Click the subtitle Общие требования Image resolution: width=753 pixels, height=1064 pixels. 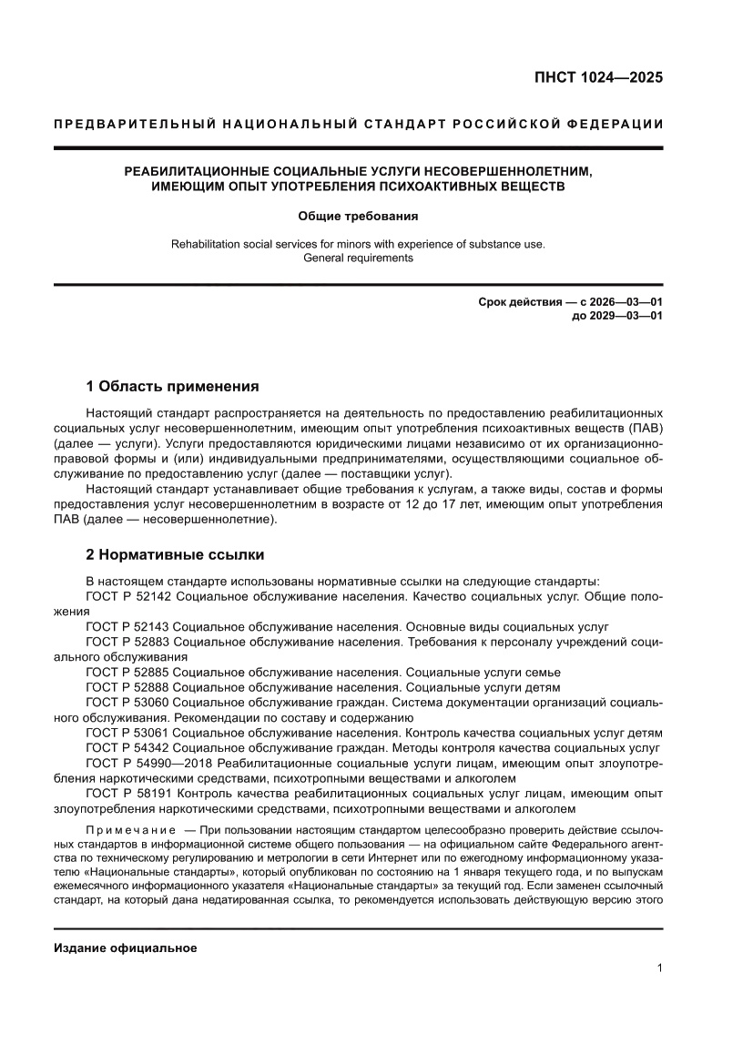358,217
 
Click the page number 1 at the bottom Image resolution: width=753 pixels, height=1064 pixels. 658,968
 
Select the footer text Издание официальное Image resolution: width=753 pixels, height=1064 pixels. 126,947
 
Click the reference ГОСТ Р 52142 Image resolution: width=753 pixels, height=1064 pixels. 127,597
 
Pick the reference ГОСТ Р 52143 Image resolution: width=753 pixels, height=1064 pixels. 127,627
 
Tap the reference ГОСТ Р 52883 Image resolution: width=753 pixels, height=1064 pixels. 127,642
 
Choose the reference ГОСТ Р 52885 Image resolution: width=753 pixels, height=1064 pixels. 127,672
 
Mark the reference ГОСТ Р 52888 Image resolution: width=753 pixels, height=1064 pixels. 127,686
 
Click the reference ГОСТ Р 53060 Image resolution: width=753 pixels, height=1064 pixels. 127,702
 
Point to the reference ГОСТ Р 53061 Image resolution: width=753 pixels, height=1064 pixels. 127,732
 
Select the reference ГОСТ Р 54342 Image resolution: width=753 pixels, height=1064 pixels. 127,746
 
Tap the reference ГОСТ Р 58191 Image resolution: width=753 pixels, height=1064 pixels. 127,792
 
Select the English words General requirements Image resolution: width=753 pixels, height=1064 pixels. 358,258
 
